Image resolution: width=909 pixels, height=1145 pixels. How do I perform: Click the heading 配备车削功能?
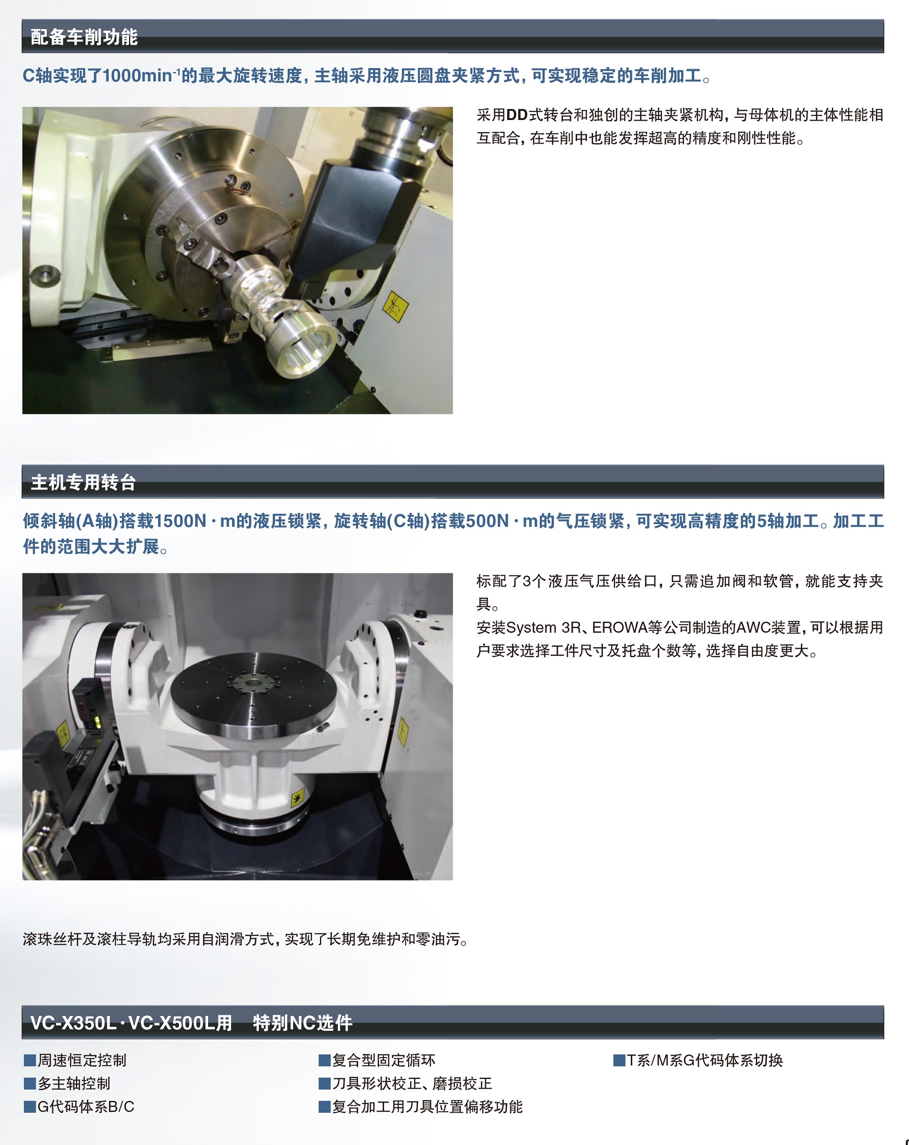[x=84, y=37]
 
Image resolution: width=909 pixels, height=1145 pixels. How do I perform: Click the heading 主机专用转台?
[x=83, y=482]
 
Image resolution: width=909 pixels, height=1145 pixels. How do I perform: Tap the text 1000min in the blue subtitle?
[x=137, y=76]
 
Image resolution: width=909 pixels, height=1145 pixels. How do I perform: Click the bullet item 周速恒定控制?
[x=75, y=1060]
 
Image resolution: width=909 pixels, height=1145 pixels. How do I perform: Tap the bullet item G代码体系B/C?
[x=79, y=1107]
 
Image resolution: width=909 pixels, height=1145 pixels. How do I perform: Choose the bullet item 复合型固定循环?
[x=377, y=1060]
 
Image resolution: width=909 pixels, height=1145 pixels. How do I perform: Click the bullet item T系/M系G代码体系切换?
[x=698, y=1060]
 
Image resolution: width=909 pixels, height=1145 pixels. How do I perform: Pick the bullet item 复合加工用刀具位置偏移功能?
[x=420, y=1107]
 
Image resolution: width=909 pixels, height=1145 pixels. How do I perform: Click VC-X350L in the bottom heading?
[x=73, y=1023]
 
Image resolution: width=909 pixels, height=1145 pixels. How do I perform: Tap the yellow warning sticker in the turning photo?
[x=395, y=306]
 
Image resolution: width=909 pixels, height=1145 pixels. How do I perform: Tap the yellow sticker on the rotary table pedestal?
[x=297, y=797]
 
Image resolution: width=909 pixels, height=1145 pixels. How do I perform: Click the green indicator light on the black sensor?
[x=97, y=723]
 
